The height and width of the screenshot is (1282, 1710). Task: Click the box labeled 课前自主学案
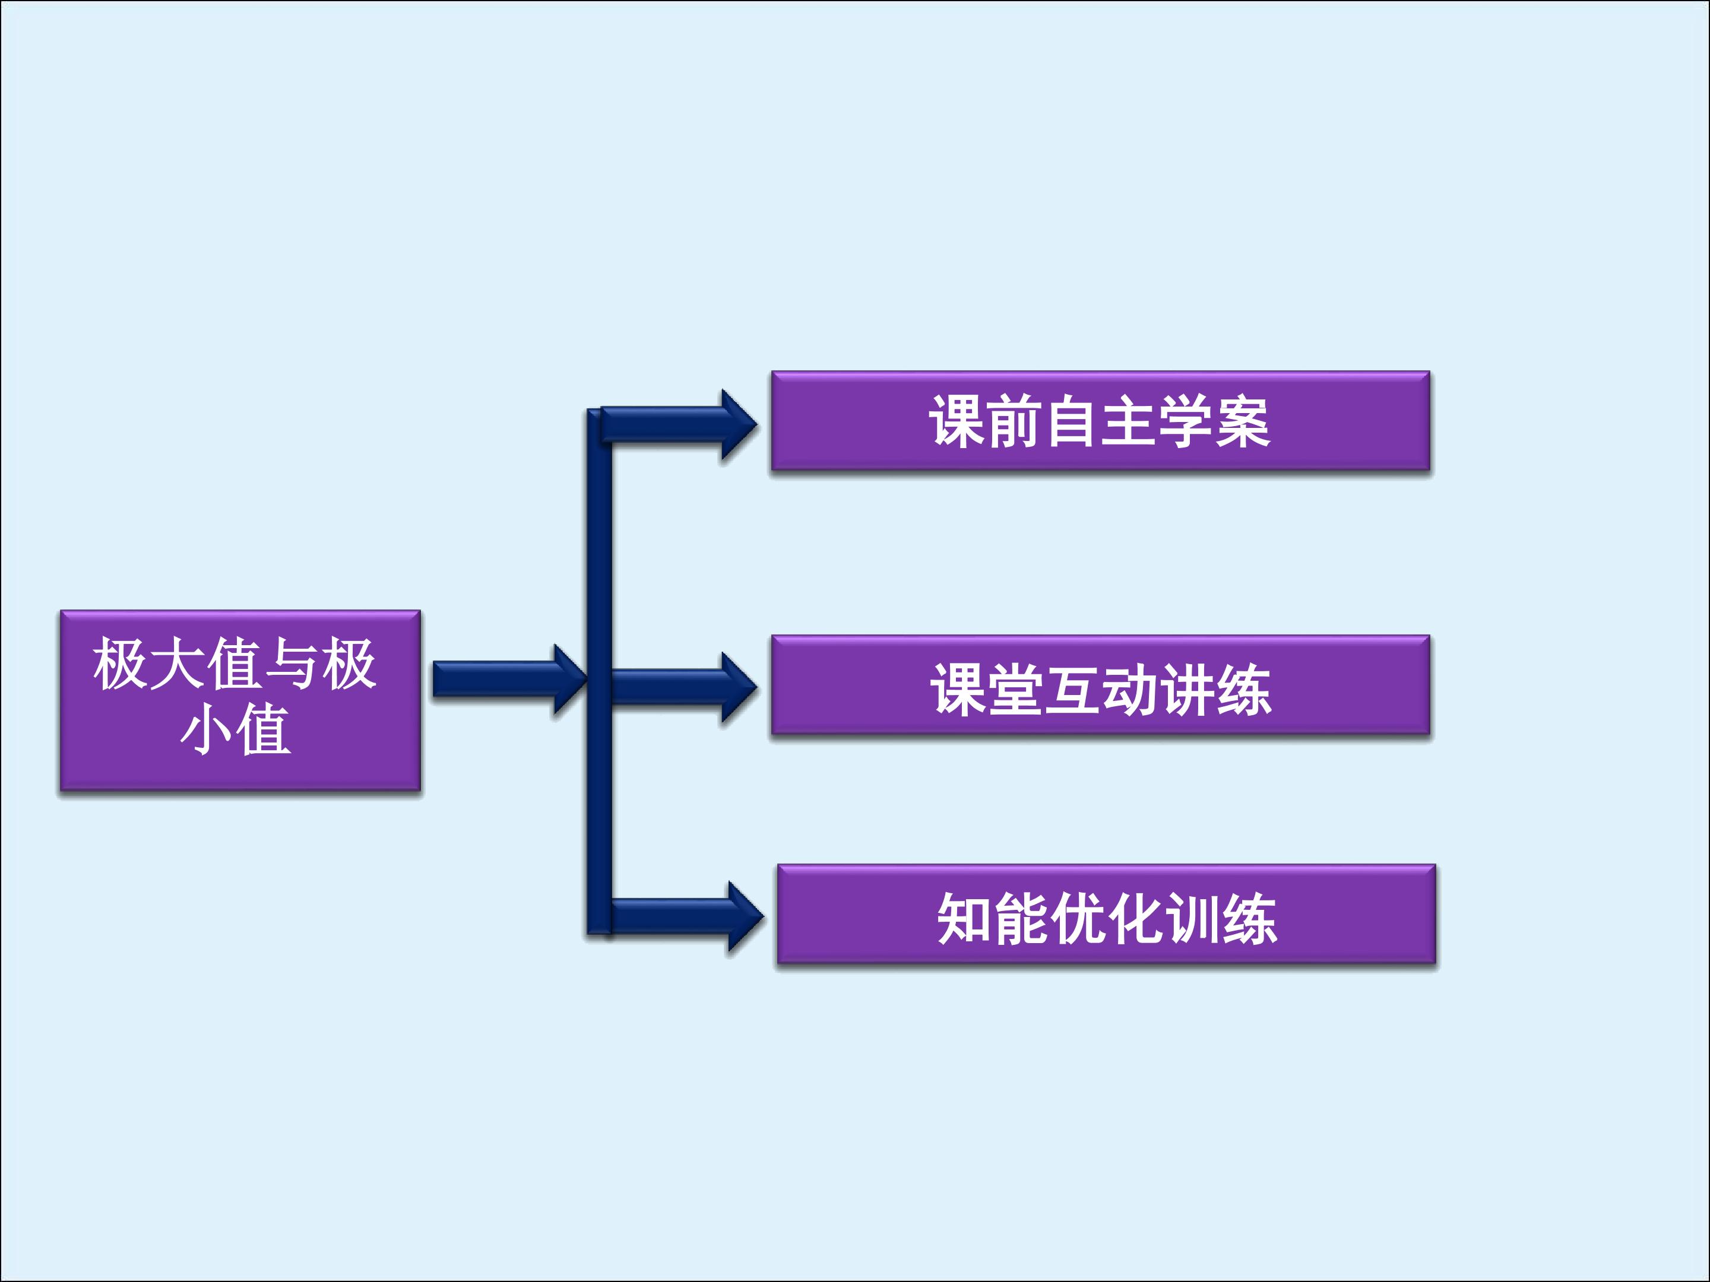(x=1100, y=421)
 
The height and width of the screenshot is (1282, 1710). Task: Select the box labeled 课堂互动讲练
(x=1100, y=685)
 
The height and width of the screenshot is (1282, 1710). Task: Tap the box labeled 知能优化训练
(x=1106, y=914)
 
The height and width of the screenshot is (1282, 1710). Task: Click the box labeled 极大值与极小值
(x=240, y=700)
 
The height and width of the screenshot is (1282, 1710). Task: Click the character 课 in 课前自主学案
(x=957, y=422)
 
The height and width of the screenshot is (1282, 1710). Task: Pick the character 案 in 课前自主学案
(x=1242, y=422)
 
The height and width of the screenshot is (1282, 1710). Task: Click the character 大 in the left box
(x=177, y=663)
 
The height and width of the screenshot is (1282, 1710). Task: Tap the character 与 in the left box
(x=292, y=663)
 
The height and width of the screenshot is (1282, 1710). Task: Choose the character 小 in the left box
(x=205, y=729)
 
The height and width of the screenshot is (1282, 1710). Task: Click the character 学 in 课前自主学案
(x=1185, y=422)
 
